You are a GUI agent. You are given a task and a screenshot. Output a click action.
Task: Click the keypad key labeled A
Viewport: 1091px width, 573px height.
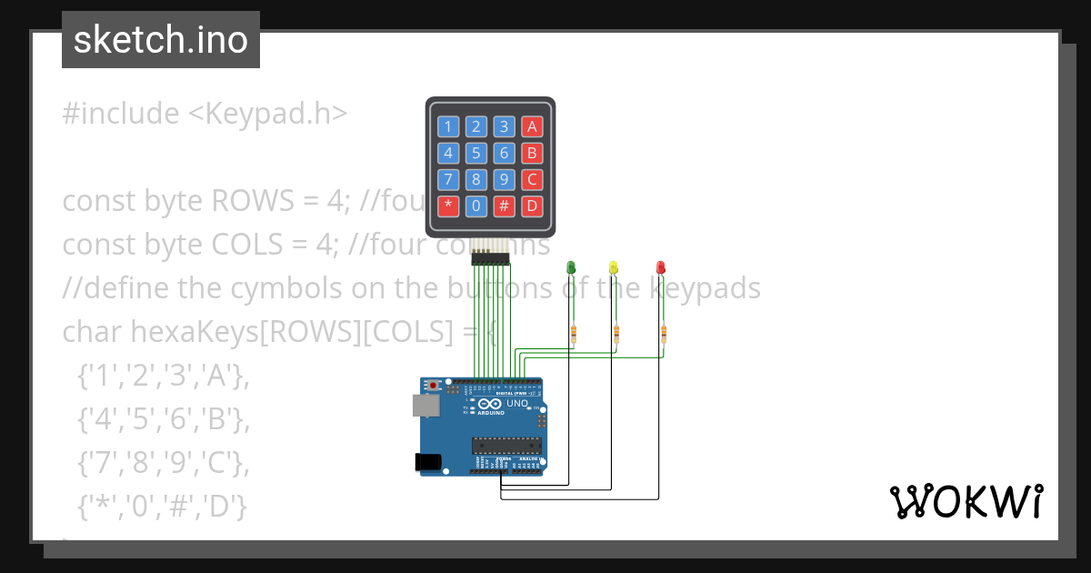(533, 126)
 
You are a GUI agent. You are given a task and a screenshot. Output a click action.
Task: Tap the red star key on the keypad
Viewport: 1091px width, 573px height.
(447, 206)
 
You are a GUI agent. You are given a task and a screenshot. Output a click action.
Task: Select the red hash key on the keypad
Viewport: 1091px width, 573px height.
(505, 206)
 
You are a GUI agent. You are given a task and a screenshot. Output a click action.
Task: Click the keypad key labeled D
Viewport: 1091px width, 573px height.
(533, 206)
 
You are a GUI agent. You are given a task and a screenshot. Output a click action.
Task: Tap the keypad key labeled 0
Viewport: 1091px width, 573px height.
(475, 206)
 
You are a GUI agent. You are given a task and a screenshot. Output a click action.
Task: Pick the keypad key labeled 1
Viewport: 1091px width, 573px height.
(447, 126)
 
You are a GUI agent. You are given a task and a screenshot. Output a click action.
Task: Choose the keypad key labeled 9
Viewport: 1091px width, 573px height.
(505, 179)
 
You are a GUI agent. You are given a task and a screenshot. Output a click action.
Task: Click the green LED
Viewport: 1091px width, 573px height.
(571, 266)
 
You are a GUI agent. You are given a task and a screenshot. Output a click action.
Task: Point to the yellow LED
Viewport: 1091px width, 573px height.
(614, 266)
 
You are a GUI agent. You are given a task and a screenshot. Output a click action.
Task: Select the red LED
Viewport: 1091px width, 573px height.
(661, 266)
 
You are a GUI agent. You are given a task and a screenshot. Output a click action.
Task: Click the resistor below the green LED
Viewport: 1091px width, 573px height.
(573, 335)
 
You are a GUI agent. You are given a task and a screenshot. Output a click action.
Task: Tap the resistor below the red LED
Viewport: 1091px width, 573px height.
(663, 335)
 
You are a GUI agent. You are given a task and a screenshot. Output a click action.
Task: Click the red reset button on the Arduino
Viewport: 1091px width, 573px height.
(434, 386)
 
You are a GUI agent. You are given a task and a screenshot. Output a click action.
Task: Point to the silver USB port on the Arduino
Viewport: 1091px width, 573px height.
(424, 405)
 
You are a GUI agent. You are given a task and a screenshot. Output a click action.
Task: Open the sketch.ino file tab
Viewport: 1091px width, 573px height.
(161, 40)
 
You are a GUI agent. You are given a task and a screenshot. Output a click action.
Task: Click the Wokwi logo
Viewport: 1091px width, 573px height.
(966, 501)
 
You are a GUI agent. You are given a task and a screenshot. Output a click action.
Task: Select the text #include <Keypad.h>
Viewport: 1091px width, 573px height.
(205, 114)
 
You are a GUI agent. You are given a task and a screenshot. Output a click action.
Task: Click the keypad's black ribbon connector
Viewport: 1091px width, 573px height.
(490, 260)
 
